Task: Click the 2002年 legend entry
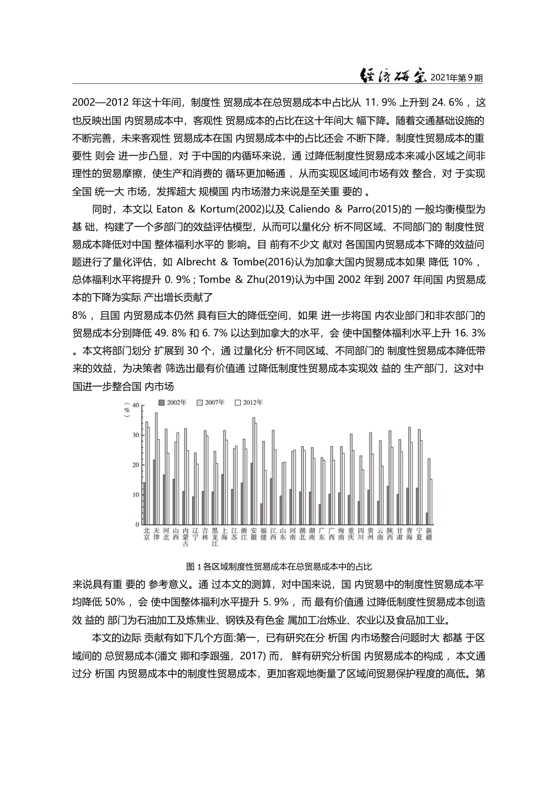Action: pyautogui.click(x=173, y=402)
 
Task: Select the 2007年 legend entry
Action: pyautogui.click(x=211, y=402)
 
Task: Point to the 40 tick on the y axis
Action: pyautogui.click(x=136, y=405)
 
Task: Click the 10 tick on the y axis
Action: pyautogui.click(x=136, y=495)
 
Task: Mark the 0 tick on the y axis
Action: pyautogui.click(x=137, y=524)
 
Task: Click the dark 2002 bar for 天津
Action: pyautogui.click(x=154, y=492)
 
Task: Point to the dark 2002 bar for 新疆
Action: pyautogui.click(x=427, y=518)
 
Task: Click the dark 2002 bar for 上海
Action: pyautogui.click(x=222, y=499)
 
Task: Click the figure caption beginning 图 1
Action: pyautogui.click(x=278, y=567)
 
